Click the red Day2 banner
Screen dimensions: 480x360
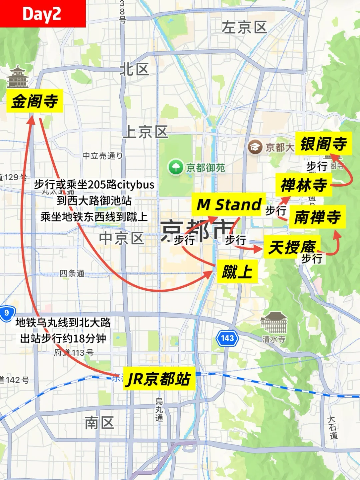point(43,14)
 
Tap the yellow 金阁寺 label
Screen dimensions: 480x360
point(35,101)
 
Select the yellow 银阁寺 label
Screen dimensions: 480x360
point(323,144)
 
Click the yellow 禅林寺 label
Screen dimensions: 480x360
point(304,185)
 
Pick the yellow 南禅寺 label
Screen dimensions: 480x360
point(317,217)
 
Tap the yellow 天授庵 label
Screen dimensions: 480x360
point(292,247)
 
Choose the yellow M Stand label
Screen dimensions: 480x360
point(229,205)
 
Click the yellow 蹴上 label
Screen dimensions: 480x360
point(237,272)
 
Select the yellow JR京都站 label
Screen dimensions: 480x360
point(159,379)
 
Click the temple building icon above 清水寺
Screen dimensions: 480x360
point(273,322)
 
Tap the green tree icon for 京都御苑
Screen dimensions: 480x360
point(175,167)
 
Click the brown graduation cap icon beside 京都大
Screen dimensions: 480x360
point(255,147)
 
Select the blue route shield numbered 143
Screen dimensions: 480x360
point(227,338)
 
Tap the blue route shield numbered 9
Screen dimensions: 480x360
point(7,313)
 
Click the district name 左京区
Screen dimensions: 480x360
point(244,27)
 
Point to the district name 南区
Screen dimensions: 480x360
point(99,423)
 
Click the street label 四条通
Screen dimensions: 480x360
point(72,273)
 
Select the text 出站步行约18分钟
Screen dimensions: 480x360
point(63,338)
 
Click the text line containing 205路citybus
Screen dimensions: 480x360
point(94,184)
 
